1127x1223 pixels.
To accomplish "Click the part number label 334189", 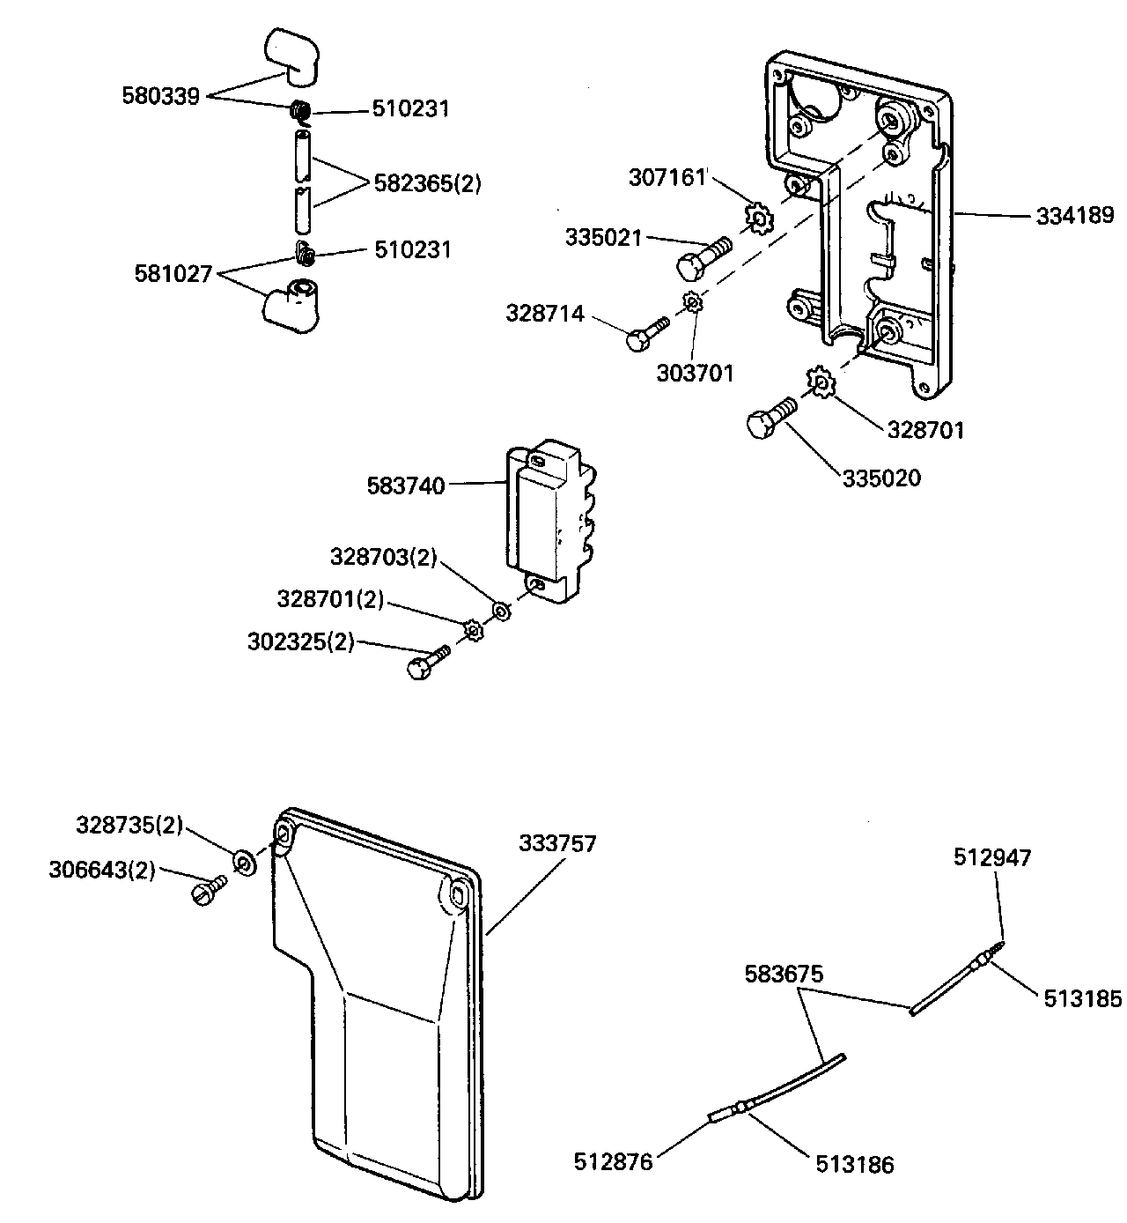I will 1074,215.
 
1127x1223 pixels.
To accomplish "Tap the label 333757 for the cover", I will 557,843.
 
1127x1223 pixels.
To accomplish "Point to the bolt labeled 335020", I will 770,420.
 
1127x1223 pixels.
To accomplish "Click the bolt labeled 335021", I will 700,256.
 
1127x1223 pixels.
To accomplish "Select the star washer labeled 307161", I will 757,216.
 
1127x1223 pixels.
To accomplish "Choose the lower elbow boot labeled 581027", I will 293,305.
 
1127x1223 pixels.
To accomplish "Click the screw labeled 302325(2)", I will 425,662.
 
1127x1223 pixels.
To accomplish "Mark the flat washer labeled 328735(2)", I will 243,861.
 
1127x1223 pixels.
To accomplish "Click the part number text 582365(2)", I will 428,185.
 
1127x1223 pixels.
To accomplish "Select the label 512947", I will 991,856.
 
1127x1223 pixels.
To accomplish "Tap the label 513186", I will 854,1165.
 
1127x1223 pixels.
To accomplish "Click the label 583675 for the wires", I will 784,975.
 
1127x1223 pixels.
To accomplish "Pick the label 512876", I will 614,1162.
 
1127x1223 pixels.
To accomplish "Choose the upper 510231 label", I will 410,109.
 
